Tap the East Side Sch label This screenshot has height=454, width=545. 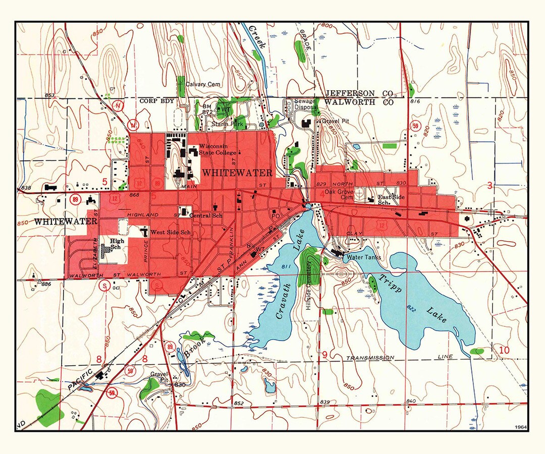click(392, 200)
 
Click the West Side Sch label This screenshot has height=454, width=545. click(171, 233)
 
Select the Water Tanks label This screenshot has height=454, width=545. click(362, 257)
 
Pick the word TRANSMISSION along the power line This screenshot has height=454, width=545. click(370, 358)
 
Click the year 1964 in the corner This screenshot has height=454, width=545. click(520, 427)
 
